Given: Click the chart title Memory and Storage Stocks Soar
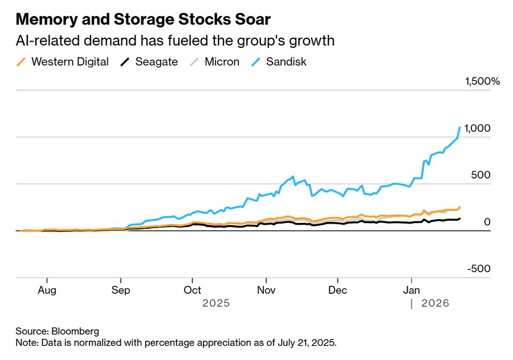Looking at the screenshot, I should click(x=143, y=19).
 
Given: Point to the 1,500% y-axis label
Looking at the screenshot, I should click(x=482, y=82).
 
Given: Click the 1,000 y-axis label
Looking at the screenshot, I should click(x=478, y=128).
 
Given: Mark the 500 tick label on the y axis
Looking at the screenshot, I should click(x=480, y=175).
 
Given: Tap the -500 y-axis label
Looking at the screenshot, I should click(x=479, y=269).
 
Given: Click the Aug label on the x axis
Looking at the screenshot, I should click(x=47, y=290).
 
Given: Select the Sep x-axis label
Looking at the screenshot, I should click(x=120, y=290).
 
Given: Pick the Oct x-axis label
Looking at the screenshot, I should click(x=193, y=290).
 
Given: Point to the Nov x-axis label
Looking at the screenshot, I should click(x=266, y=290).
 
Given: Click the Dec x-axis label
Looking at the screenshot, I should click(x=338, y=290).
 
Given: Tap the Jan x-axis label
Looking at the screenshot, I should click(x=412, y=290).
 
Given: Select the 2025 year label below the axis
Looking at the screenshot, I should click(x=216, y=304).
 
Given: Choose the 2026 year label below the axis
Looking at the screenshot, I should click(x=435, y=304).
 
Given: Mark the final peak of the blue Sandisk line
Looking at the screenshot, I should click(x=459, y=127).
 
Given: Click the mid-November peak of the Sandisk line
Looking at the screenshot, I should click(x=293, y=177).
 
